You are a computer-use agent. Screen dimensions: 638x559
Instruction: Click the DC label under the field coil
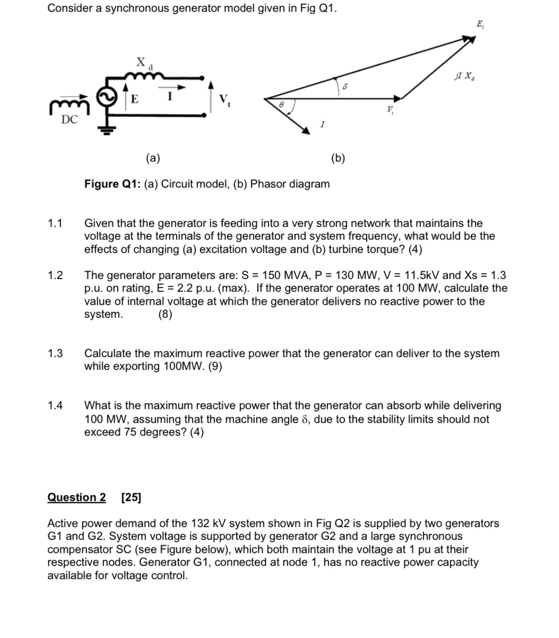pos(69,120)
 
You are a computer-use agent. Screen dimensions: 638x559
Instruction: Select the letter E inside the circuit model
pos(134,99)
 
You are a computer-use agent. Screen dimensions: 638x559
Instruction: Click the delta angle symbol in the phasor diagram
pos(345,84)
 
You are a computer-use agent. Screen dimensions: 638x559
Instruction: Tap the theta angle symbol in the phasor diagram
pos(282,106)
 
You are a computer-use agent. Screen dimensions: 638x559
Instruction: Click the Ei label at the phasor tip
pos(480,24)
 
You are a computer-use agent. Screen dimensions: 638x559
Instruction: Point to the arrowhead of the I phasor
pos(306,130)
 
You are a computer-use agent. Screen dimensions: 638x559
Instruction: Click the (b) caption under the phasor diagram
pos(338,158)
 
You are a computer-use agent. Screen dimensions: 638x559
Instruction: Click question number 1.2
pos(55,275)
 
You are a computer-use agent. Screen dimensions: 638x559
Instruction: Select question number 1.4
pos(55,406)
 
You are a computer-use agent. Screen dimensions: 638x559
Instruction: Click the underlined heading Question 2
pos(76,497)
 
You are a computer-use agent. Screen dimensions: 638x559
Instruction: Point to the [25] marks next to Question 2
pos(131,497)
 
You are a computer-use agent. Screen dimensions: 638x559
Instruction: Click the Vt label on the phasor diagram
pos(391,110)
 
